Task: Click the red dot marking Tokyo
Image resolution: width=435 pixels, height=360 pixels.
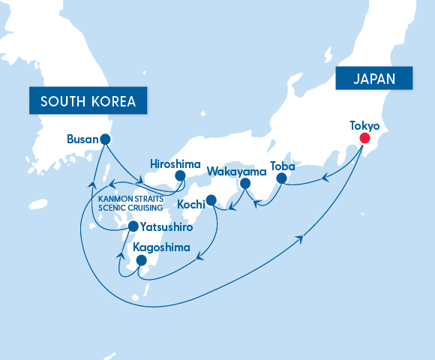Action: [x=364, y=138]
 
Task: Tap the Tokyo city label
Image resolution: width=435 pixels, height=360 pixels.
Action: [x=364, y=124]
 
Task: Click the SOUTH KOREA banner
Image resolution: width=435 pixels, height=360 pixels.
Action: [x=87, y=100]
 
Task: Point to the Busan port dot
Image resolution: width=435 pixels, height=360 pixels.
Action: [x=105, y=139]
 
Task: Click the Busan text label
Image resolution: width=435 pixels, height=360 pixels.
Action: [x=82, y=139]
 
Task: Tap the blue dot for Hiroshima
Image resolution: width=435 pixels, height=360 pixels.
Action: [x=180, y=175]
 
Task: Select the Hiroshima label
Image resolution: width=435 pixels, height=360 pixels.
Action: [x=174, y=162]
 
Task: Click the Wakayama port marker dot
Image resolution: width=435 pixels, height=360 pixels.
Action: [x=244, y=183]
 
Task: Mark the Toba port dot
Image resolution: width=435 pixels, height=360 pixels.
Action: [x=281, y=178]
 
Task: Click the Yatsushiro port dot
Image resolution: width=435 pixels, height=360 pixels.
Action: [x=133, y=226]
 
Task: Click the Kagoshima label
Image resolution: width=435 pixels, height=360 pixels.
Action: [x=161, y=247]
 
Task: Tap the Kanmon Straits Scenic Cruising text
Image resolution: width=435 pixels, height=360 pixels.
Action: [x=124, y=202]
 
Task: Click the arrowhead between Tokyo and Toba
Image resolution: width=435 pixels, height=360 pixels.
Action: [x=324, y=178]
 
